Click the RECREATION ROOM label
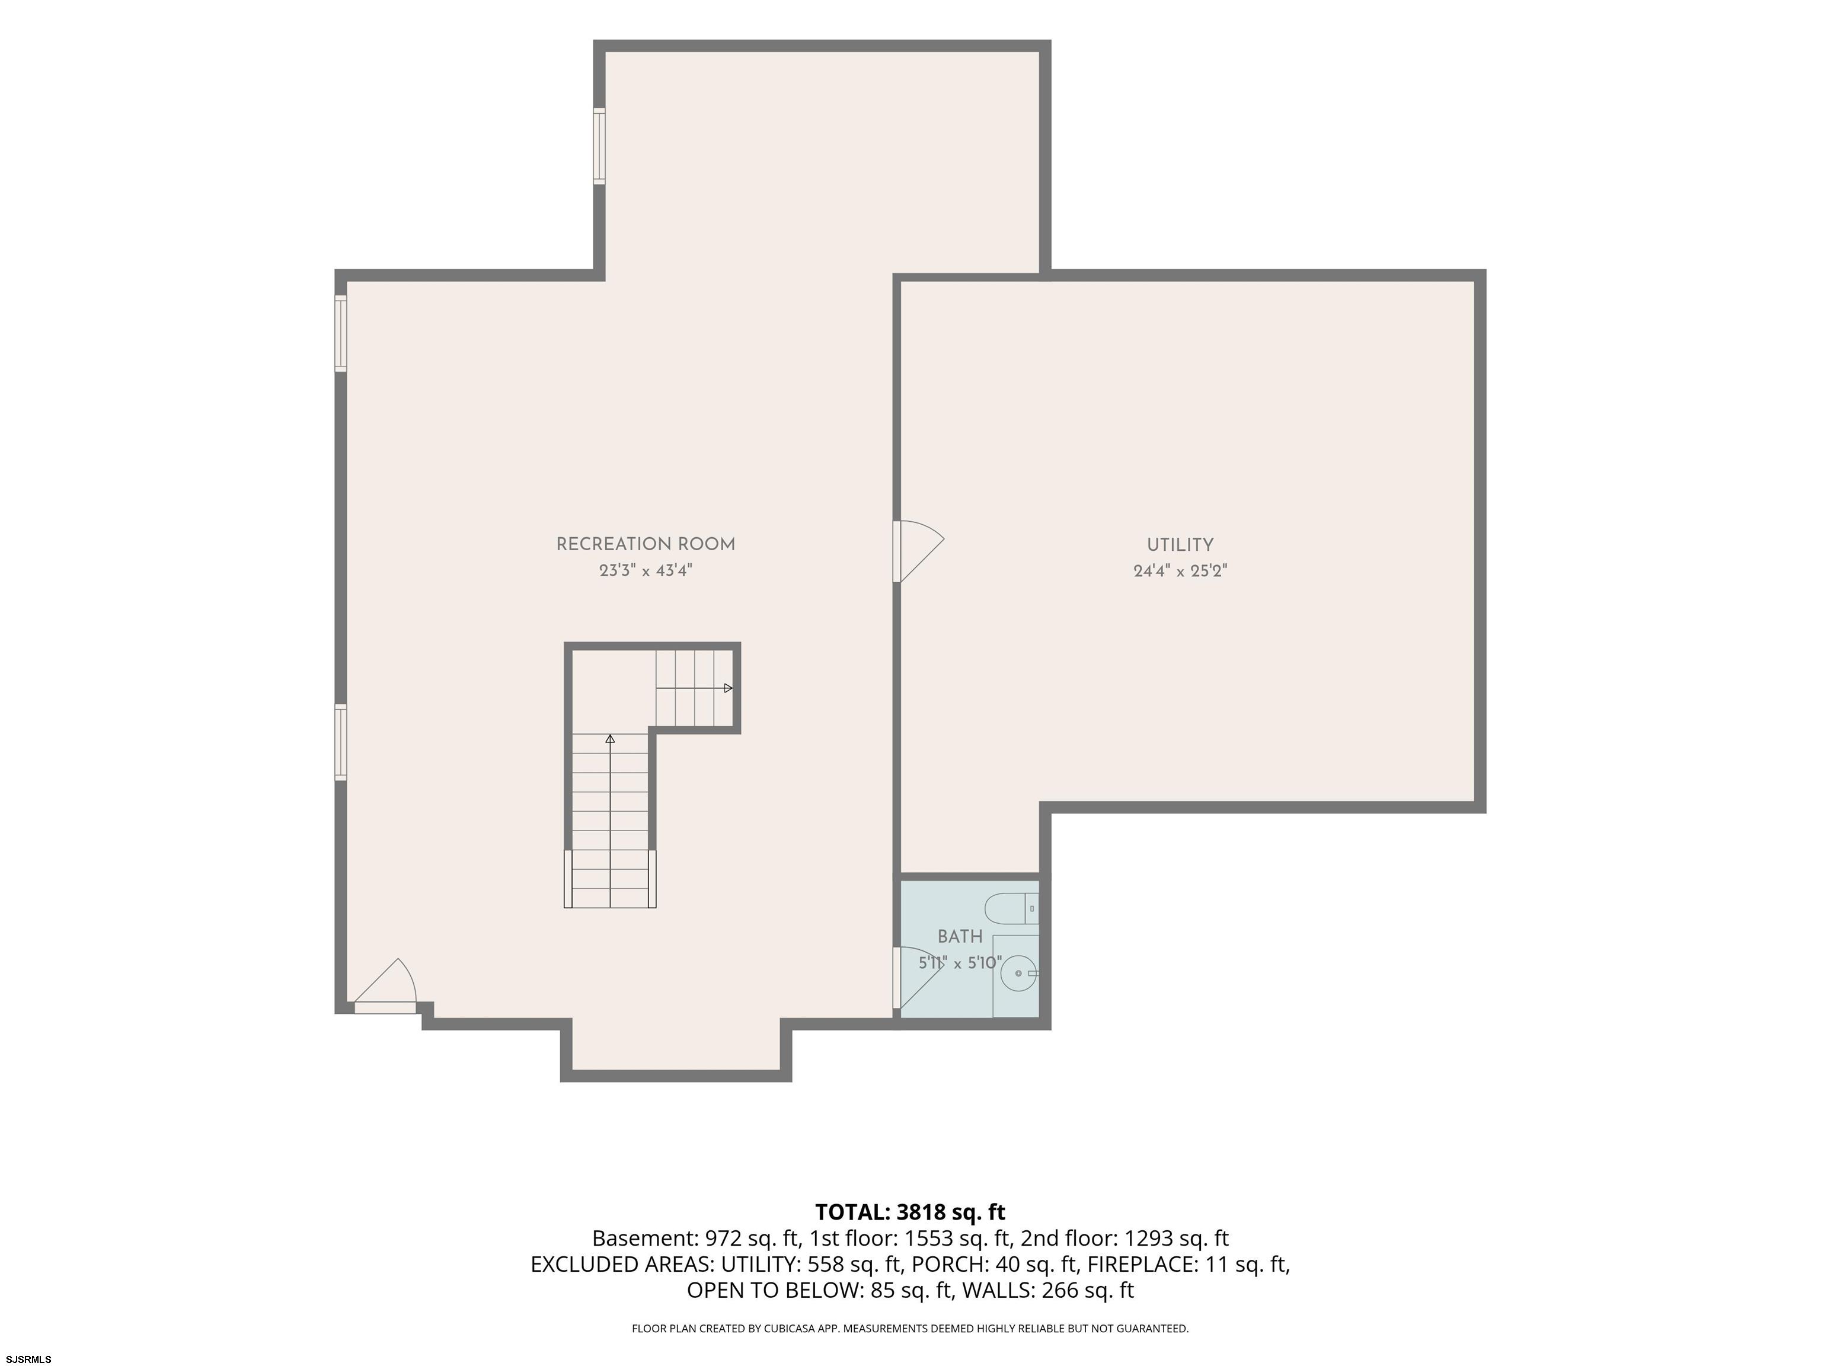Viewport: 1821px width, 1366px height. tap(646, 544)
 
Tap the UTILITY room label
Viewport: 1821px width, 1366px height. tap(1180, 545)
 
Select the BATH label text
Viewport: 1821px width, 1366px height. tap(960, 936)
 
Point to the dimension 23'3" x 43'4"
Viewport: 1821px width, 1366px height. tap(646, 570)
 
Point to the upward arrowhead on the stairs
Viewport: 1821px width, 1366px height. tap(610, 739)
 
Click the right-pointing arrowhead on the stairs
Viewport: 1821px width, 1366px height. tap(728, 688)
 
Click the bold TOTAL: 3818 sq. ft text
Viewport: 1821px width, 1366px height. tap(910, 1212)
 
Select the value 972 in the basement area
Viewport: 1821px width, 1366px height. tap(714, 1239)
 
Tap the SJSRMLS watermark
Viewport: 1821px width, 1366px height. tap(29, 1359)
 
